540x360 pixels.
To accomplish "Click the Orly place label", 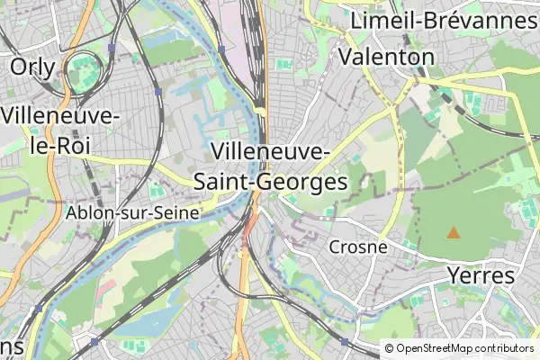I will pyautogui.click(x=32, y=67).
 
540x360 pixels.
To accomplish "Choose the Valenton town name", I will pyautogui.click(x=386, y=57).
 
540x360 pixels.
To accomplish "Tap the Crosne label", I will pyautogui.click(x=358, y=247).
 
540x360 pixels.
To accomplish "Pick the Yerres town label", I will pyautogui.click(x=481, y=275).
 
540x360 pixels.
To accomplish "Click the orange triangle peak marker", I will pyautogui.click(x=454, y=233).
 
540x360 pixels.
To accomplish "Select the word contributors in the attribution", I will pyautogui.click(x=504, y=347).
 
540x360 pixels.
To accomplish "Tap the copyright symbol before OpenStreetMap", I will pyautogui.click(x=390, y=347).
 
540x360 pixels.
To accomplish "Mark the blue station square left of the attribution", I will pyautogui.click(x=345, y=342).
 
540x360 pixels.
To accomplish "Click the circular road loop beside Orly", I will pyautogui.click(x=86, y=68).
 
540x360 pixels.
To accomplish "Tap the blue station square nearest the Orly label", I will pyautogui.click(x=111, y=48).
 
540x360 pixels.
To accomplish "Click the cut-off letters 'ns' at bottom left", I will pyautogui.click(x=11, y=346).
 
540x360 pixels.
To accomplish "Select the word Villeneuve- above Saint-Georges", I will pyautogui.click(x=269, y=150).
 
